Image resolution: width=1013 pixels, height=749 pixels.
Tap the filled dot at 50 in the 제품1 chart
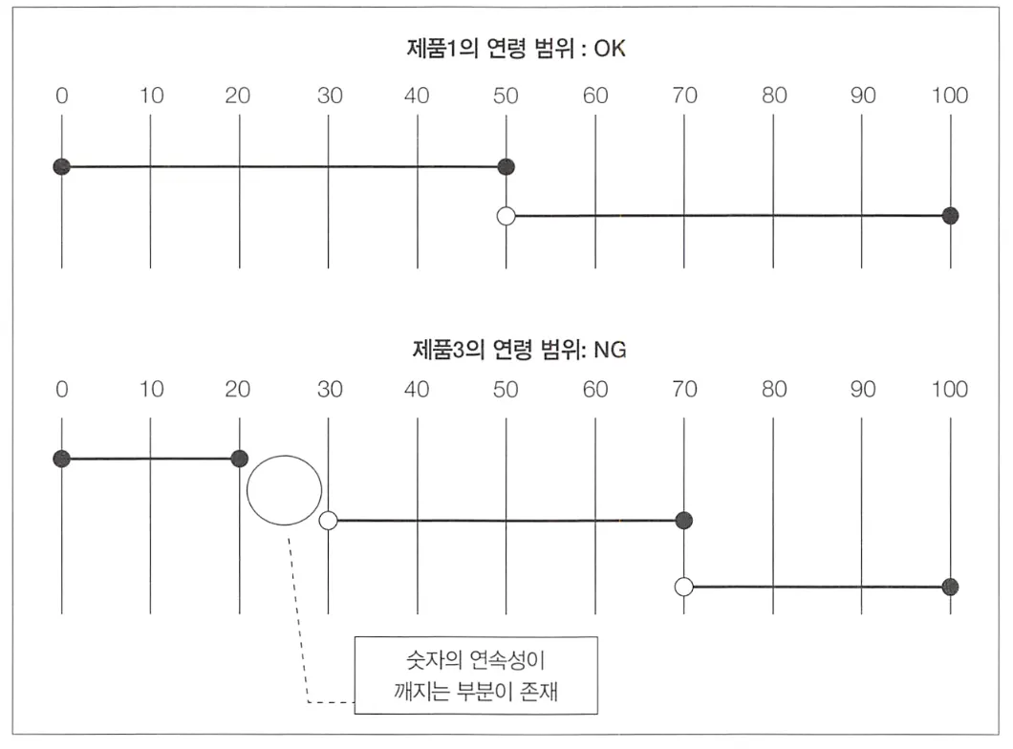tap(506, 167)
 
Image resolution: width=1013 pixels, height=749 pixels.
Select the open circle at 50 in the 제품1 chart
tap(506, 216)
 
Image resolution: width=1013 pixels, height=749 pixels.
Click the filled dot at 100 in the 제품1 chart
tap(950, 216)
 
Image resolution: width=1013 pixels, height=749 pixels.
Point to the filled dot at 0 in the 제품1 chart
tap(62, 167)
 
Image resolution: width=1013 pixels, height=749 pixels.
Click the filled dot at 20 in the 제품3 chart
tap(239, 459)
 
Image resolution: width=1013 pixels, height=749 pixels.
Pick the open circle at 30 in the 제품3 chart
tap(329, 521)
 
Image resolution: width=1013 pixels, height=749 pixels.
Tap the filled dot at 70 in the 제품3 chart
tap(684, 521)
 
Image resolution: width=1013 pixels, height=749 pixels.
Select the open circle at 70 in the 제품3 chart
tap(684, 587)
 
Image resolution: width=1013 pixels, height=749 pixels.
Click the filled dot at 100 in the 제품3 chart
tap(950, 587)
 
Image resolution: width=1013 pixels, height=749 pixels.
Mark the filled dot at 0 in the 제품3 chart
tap(62, 459)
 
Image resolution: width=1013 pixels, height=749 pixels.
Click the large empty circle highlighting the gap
tap(284, 491)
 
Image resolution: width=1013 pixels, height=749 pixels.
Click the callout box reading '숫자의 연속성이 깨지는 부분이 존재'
tap(475, 674)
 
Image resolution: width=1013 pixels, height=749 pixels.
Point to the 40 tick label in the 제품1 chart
tap(417, 96)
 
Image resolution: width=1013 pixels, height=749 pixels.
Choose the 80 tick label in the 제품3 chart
tap(773, 389)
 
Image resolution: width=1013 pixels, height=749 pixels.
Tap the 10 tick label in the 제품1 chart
tap(151, 96)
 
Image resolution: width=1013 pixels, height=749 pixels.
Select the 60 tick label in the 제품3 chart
tap(595, 389)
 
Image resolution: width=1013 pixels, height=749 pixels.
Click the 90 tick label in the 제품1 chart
tap(862, 96)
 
